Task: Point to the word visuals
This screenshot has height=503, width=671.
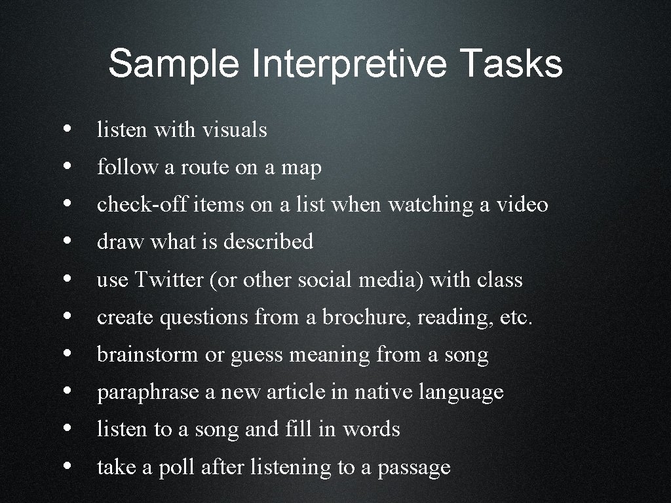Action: [235, 130]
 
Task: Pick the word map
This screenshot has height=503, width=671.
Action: [301, 168]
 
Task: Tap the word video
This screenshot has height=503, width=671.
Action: [522, 205]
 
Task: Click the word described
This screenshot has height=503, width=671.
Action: [268, 242]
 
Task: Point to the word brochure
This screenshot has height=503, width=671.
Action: [366, 318]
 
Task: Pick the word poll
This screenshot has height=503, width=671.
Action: [176, 468]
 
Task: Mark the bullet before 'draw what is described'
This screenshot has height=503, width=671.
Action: [69, 242]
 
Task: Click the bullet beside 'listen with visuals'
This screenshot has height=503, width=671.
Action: [69, 129]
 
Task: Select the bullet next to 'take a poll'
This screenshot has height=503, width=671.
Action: [69, 467]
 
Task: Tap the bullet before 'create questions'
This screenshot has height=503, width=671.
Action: [69, 317]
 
